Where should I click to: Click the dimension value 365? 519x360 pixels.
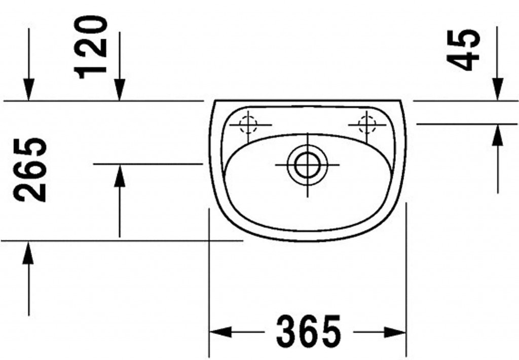[308, 332]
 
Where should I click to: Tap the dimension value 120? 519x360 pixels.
[90, 47]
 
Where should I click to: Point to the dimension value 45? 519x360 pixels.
[463, 50]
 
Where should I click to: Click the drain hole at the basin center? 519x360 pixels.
[308, 165]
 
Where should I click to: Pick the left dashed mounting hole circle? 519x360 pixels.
[248, 125]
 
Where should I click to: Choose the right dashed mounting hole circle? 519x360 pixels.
[367, 125]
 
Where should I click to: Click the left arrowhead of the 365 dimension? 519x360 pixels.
[220, 332]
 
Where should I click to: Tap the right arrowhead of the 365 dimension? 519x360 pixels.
[395, 332]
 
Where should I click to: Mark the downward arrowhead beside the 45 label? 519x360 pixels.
[498, 89]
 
